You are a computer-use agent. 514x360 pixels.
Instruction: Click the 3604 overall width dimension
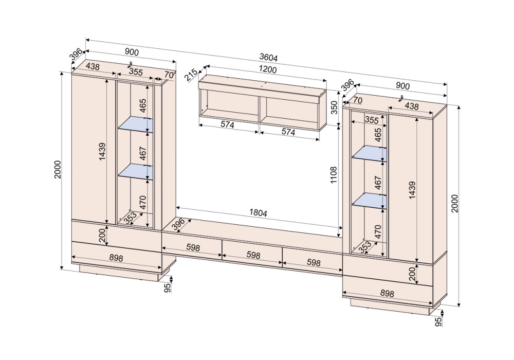coord(268,58)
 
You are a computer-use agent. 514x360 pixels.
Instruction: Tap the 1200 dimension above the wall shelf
coord(268,69)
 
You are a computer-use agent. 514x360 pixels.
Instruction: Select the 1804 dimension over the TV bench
coord(259,213)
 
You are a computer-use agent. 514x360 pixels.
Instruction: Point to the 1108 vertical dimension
coord(334,175)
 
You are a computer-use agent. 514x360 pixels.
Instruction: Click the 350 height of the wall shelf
coord(334,107)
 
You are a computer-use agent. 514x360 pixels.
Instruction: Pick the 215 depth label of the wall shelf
coord(191,75)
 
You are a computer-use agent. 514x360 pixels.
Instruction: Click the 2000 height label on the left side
coord(58,170)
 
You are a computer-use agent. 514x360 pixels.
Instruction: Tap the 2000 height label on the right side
coord(455,203)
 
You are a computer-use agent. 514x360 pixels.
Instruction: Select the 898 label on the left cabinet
coord(116,258)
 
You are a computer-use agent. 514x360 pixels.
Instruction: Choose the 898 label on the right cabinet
coord(387,293)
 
